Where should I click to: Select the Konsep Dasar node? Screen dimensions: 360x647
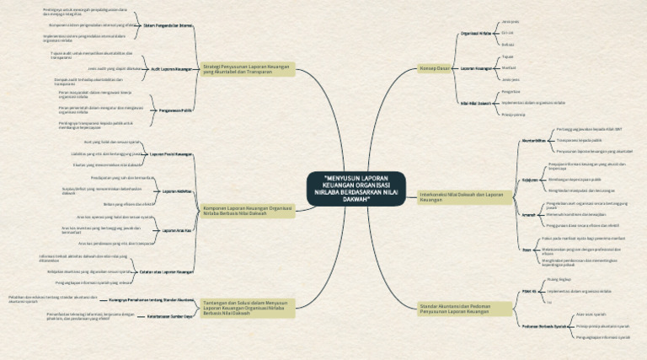435,67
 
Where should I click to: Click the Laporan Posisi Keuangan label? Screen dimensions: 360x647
171,154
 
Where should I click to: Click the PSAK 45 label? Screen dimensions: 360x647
530,289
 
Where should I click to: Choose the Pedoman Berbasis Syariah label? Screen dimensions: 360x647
537,325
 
